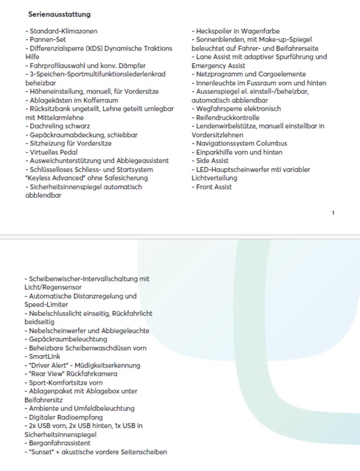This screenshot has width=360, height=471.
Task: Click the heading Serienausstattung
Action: [x=59, y=14]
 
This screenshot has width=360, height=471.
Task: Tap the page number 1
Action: [x=333, y=213]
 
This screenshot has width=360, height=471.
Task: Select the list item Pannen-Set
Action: [x=47, y=40]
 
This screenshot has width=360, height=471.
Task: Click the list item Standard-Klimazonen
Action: [x=63, y=31]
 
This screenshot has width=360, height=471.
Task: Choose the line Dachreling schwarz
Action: [x=59, y=126]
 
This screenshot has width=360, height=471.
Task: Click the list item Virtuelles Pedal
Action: [x=53, y=152]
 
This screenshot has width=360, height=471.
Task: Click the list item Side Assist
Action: [x=212, y=161]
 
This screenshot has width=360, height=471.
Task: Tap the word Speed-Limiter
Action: [x=46, y=305]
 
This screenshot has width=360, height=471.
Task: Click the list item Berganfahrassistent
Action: [x=59, y=443]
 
